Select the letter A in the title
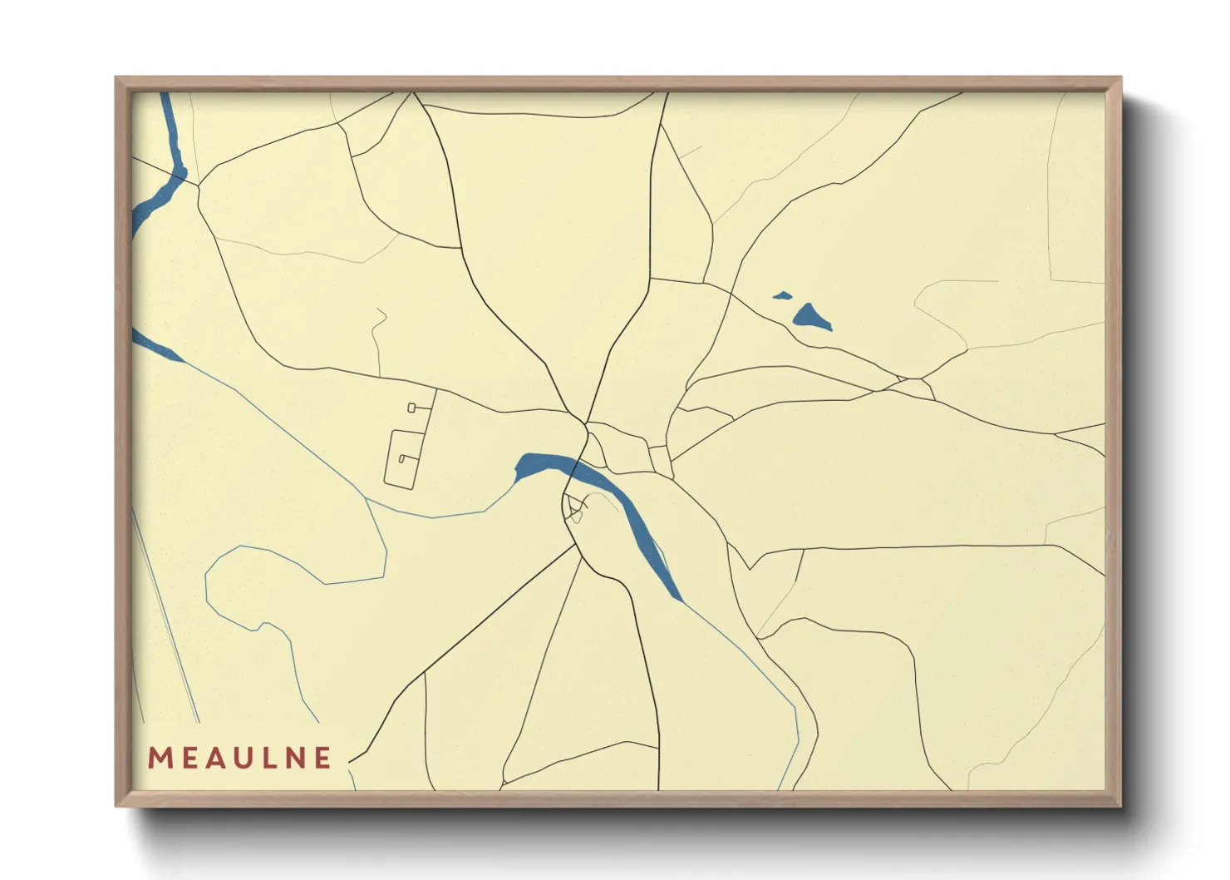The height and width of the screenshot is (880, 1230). (214, 758)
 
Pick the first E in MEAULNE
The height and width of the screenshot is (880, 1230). (188, 758)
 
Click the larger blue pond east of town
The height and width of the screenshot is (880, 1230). (810, 317)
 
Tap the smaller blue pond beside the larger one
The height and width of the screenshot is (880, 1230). (781, 295)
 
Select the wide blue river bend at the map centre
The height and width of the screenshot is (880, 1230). (544, 465)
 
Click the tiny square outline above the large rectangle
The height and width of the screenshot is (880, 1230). (411, 408)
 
